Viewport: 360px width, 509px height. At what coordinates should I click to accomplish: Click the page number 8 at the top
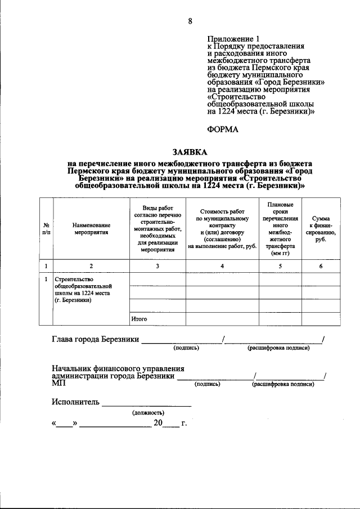[x=190, y=21]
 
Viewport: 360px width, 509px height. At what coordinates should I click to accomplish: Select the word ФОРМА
[x=223, y=129]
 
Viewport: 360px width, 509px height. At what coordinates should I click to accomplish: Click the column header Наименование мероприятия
[x=91, y=228]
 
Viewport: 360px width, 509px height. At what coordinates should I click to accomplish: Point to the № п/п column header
[x=46, y=228]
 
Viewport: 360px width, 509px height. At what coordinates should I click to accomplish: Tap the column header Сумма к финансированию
[x=321, y=228]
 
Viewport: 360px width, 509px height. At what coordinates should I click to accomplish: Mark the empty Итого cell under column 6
[x=321, y=319]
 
